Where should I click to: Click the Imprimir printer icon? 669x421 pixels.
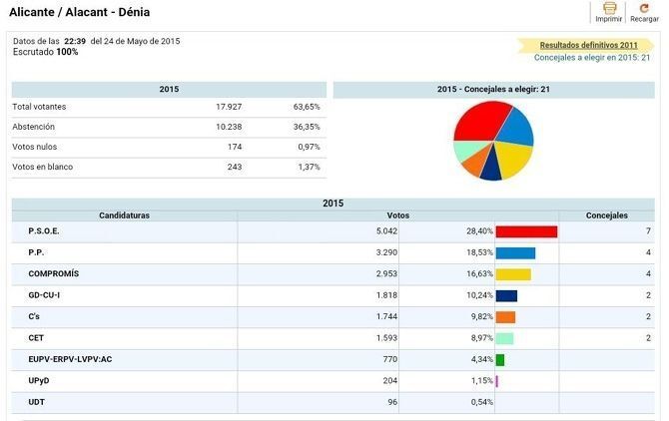coord(608,8)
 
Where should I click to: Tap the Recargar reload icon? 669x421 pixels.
coord(643,8)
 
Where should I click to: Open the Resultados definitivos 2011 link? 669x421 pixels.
coord(588,45)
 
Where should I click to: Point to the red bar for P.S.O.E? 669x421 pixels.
coord(526,231)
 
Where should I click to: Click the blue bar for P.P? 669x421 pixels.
coord(515,253)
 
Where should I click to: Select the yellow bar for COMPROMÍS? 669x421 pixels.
coord(513,274)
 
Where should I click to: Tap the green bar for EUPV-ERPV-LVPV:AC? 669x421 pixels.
coord(500,359)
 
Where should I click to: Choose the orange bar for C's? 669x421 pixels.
coord(505,316)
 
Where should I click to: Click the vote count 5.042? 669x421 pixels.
coord(384,231)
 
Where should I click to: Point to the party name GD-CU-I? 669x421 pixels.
coord(45,295)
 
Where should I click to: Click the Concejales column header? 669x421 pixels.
coord(606,215)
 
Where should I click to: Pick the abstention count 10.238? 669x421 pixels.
coord(228,127)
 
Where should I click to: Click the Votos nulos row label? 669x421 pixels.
coord(34,147)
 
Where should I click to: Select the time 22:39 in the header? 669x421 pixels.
coord(76,41)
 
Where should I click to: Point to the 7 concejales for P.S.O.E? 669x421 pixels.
coord(648,231)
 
